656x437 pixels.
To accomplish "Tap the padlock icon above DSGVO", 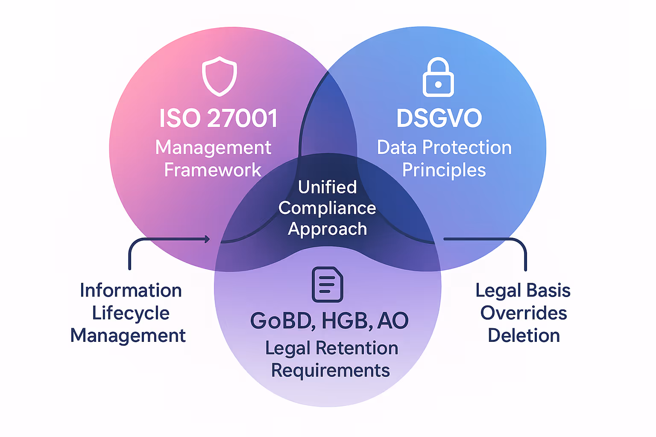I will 438,78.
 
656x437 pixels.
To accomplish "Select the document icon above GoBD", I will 328,284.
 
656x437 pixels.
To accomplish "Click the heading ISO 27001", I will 218,118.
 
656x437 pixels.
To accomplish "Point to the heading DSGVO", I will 439,118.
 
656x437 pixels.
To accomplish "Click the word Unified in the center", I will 327,187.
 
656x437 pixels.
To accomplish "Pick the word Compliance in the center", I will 327,208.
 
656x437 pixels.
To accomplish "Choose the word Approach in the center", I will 327,229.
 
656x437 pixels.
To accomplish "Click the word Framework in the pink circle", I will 213,170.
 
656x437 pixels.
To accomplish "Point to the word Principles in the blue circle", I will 444,170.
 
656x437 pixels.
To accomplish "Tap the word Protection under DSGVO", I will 467,148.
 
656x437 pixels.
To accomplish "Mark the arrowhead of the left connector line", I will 208,239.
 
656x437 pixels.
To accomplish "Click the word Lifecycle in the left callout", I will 131,313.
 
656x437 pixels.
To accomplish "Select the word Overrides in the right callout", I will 524,313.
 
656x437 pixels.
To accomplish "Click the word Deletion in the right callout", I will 524,335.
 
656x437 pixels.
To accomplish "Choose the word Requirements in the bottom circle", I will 331,370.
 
